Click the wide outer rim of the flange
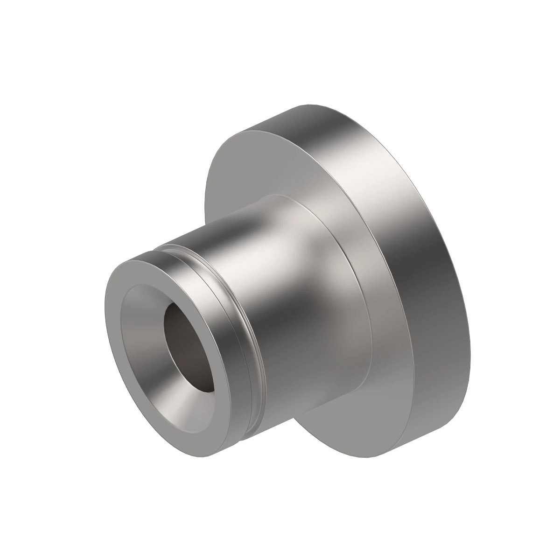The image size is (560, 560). click(420, 280)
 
